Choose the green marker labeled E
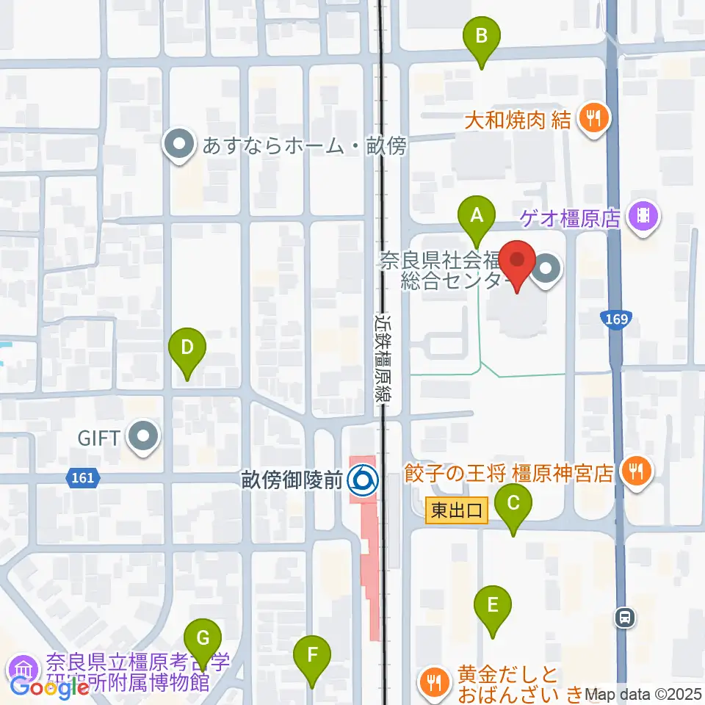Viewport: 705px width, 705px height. (493, 607)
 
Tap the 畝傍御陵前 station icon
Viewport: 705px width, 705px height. (362, 480)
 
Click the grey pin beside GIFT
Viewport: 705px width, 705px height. (142, 438)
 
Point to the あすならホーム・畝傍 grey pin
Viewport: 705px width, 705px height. (178, 146)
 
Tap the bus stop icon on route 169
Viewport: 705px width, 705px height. (625, 618)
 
